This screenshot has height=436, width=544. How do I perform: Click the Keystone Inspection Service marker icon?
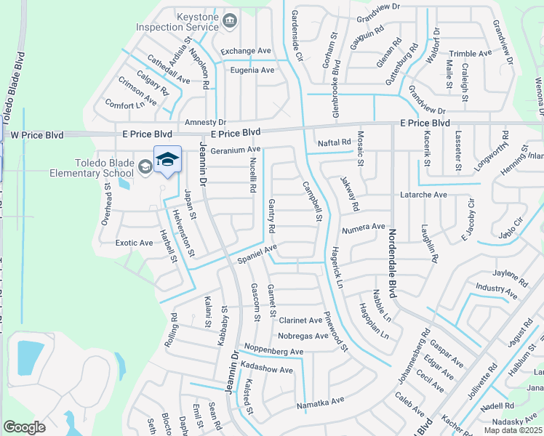[231, 21]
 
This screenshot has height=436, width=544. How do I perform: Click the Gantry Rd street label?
[271, 217]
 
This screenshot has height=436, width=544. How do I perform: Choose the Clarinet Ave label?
[300, 320]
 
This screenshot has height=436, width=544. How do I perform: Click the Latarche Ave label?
[423, 195]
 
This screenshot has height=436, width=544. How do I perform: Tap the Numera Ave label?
[363, 227]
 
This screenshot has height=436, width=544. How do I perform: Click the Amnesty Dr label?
[206, 122]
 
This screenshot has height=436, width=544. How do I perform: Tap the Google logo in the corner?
[25, 427]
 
